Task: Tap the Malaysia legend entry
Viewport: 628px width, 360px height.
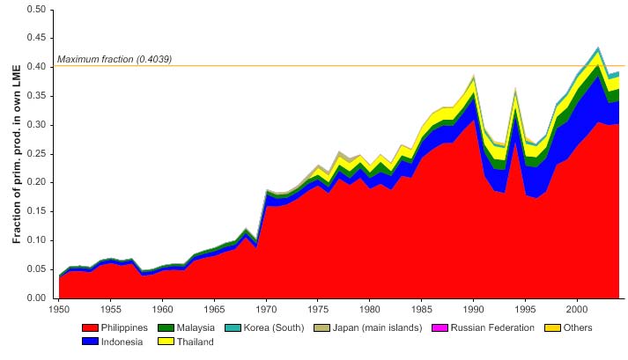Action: [x=196, y=328]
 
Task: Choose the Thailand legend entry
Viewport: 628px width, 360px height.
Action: [x=196, y=342]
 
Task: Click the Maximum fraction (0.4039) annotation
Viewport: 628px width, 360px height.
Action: [x=114, y=59]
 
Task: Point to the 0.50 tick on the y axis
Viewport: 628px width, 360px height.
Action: [x=34, y=9]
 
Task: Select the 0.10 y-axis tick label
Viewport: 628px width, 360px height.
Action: [x=34, y=240]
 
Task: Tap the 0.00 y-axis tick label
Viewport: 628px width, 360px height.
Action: [x=34, y=298]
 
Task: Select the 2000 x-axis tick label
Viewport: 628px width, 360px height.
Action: [x=577, y=310]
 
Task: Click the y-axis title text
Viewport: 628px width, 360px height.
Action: [x=17, y=154]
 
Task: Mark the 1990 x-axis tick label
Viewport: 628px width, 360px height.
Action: [x=474, y=310]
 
